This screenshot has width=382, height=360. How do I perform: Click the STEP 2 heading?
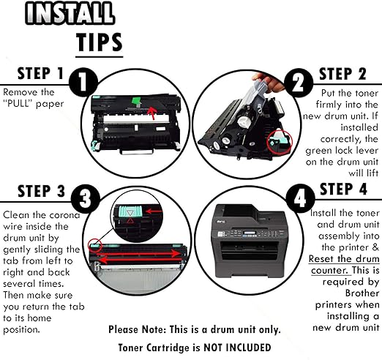tap(347, 74)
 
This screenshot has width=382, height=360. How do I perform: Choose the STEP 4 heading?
tap(347, 189)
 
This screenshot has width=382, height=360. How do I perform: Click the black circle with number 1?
tap(81, 83)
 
